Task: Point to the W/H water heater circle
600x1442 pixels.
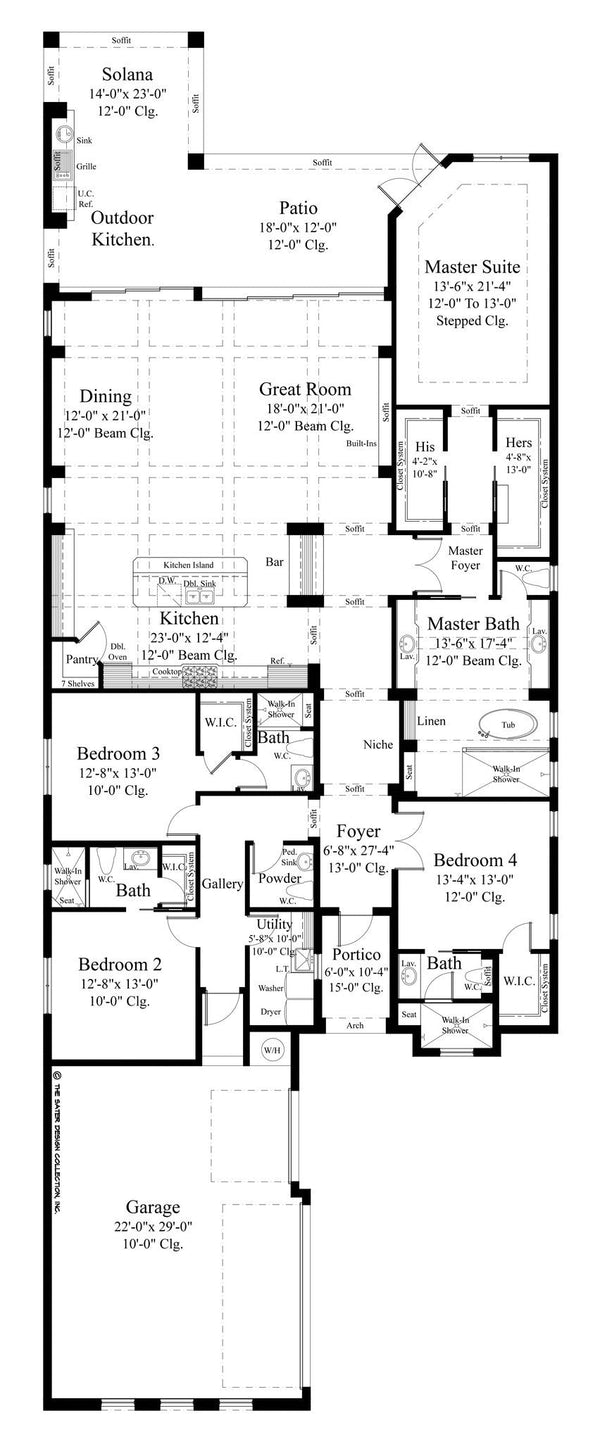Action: (x=272, y=1050)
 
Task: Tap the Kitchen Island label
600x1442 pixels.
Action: (x=188, y=566)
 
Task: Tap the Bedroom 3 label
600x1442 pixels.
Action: (x=119, y=752)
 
